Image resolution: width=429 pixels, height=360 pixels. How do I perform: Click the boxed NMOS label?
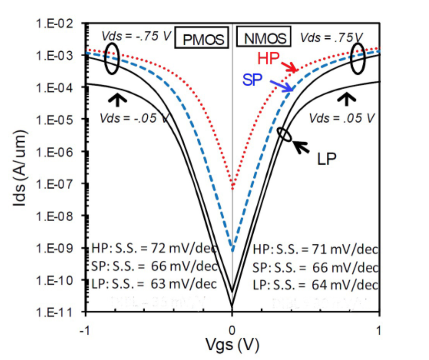click(265, 38)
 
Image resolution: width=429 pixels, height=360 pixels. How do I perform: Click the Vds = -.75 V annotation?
click(136, 36)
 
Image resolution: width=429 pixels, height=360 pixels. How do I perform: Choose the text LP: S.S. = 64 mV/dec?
click(315, 285)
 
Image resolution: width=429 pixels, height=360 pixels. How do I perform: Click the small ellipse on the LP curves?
click(285, 134)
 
